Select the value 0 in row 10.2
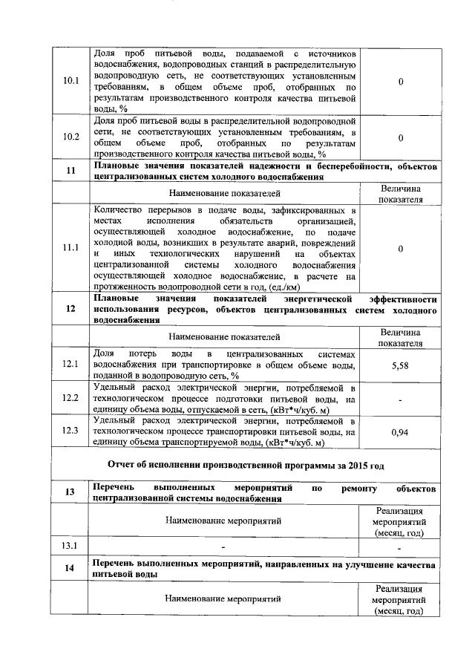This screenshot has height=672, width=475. pos(400,137)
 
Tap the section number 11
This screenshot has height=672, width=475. pos(71,171)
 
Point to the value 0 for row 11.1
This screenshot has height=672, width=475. pos(400,249)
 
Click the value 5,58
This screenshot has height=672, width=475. pos(400,365)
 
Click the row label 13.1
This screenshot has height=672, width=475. pos(71,547)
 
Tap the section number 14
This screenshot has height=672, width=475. pos(71,569)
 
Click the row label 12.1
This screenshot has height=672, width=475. pos(71,364)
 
